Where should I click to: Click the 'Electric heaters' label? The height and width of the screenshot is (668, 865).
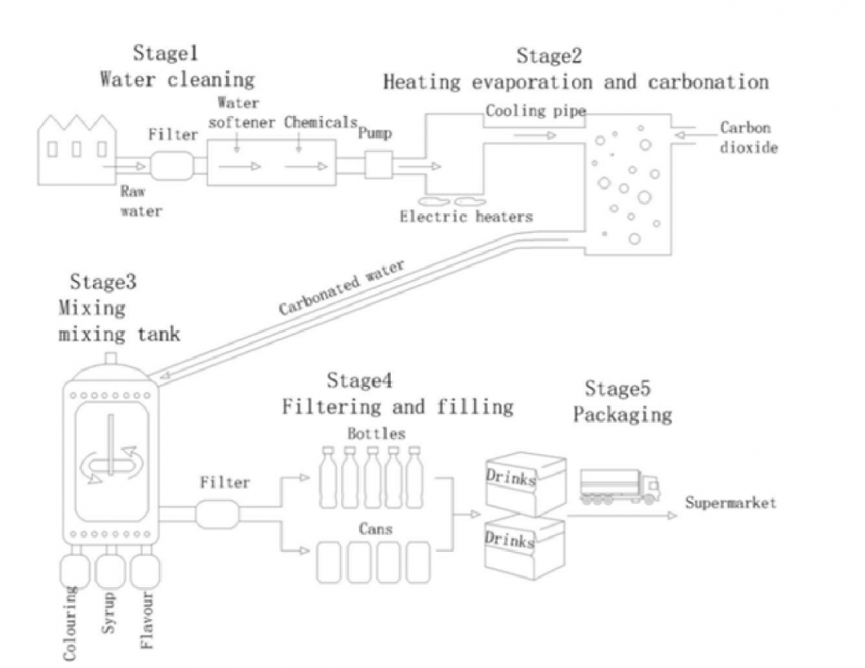tap(466, 216)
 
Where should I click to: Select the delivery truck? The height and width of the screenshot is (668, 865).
tap(619, 485)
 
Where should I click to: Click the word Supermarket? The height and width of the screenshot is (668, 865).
tap(730, 504)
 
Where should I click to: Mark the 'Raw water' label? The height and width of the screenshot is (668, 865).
tap(141, 202)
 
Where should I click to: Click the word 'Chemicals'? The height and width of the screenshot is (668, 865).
tap(319, 123)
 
